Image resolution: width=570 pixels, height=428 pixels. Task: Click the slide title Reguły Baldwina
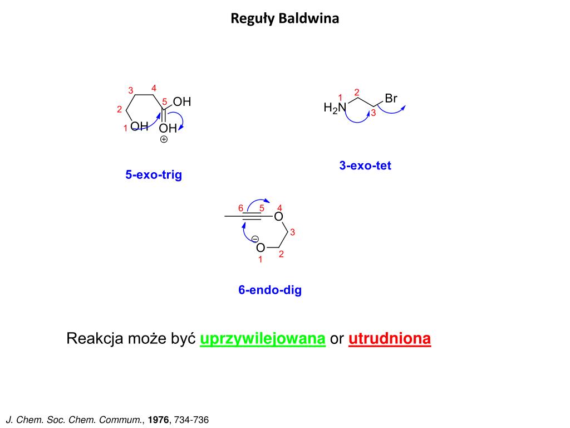point(284,19)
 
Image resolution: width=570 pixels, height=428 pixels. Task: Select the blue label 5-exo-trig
point(154,175)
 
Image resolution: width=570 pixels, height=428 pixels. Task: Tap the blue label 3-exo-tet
point(365,166)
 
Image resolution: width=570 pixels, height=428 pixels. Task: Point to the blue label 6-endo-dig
point(270,290)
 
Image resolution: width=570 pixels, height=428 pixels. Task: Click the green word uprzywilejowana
point(262,339)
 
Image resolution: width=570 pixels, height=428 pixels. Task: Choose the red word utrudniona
point(390,339)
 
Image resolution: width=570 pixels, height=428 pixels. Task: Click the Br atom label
point(391,99)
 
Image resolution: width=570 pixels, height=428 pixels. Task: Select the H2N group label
point(335,108)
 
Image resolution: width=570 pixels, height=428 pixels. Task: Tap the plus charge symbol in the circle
point(164,140)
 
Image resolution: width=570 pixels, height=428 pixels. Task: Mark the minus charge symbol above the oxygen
point(255,239)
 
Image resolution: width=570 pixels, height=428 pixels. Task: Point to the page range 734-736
point(191,420)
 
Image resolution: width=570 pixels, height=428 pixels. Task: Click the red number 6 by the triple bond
point(240,208)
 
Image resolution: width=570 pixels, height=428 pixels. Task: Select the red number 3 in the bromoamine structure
point(374,113)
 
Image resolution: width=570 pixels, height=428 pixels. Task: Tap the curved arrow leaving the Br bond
point(393,110)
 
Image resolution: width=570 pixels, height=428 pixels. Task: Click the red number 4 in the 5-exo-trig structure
point(154,87)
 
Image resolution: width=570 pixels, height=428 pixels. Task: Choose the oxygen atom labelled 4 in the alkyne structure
point(279,216)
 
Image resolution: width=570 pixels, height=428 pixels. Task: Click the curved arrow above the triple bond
point(258,202)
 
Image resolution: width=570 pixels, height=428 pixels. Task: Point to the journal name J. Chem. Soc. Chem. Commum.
point(75,420)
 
